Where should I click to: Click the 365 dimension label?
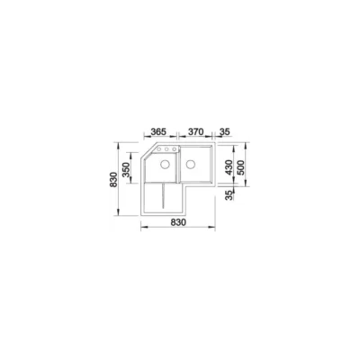tap(158, 131)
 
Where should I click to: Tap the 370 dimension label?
tap(195, 131)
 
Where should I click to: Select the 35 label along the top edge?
tap(225, 131)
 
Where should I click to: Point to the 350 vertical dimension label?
tap(126, 169)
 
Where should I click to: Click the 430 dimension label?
tap(229, 167)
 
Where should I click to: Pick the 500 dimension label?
tap(241, 167)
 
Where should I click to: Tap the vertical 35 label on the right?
tap(229, 195)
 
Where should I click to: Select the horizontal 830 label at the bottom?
tap(178, 222)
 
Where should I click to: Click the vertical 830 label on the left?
tap(113, 179)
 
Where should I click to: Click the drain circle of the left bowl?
tap(165, 164)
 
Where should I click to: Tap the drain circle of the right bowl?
tap(191, 164)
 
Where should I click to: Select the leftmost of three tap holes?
tap(159, 149)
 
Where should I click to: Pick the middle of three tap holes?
tap(166, 149)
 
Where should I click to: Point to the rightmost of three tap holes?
tap(174, 149)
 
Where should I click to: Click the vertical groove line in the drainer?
tap(163, 196)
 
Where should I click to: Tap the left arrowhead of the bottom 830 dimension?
tap(143, 227)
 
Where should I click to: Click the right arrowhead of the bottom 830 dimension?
tap(212, 227)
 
